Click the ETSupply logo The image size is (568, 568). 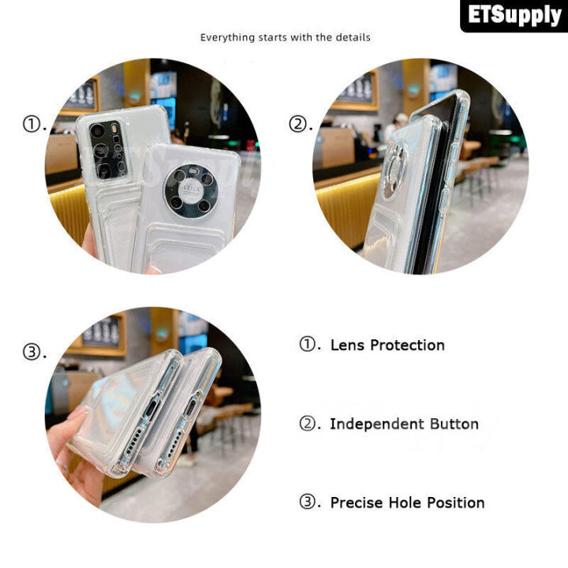pos(514,15)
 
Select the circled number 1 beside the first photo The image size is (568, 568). pos(32,124)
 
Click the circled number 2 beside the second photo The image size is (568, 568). pos(297,124)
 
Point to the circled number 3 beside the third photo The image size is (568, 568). pos(32,352)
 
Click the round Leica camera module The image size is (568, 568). pos(191,191)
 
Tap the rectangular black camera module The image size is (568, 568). pos(107,150)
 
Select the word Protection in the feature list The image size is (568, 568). pos(408,346)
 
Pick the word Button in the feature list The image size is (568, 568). pos(454,424)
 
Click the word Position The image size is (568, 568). pos(456,503)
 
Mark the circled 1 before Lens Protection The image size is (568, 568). pos(308,343)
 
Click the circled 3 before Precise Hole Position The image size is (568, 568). pos(308,502)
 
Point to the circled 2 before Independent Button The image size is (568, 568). pos(308,423)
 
